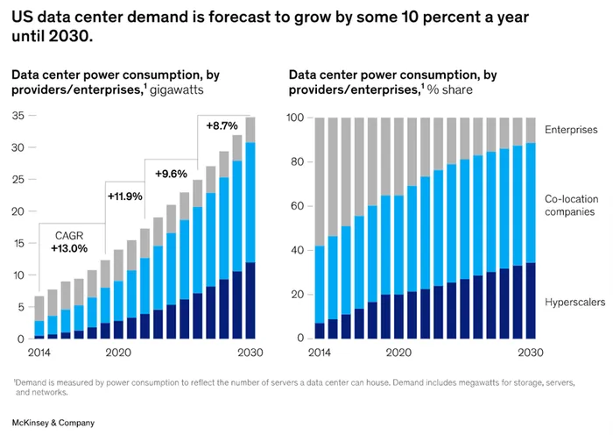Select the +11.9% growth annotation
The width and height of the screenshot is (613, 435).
pyautogui.click(x=124, y=196)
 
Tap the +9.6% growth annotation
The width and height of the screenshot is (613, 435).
pyautogui.click(x=173, y=174)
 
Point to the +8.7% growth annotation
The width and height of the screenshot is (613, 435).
pyautogui.click(x=222, y=126)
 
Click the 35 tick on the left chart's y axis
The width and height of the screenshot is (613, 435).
pyautogui.click(x=18, y=116)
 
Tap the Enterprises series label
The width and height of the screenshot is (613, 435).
pyautogui.click(x=570, y=130)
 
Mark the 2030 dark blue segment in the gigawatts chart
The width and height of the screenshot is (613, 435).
pyautogui.click(x=250, y=300)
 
